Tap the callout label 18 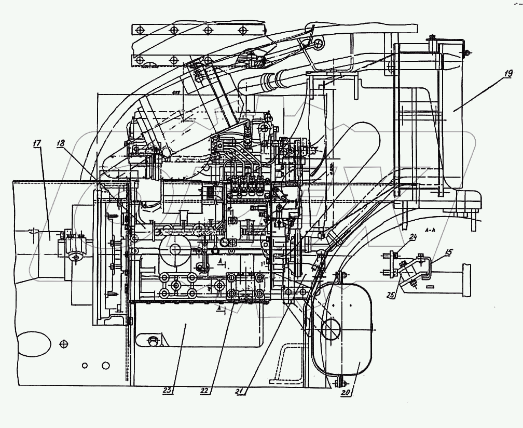pyautogui.click(x=61, y=145)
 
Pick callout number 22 pyautogui.click(x=205, y=390)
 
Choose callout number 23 pyautogui.click(x=167, y=390)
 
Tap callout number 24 pyautogui.click(x=412, y=238)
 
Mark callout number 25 pyautogui.click(x=390, y=295)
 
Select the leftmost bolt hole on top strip pyautogui.click(x=139, y=30)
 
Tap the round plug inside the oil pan pyautogui.click(x=153, y=340)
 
